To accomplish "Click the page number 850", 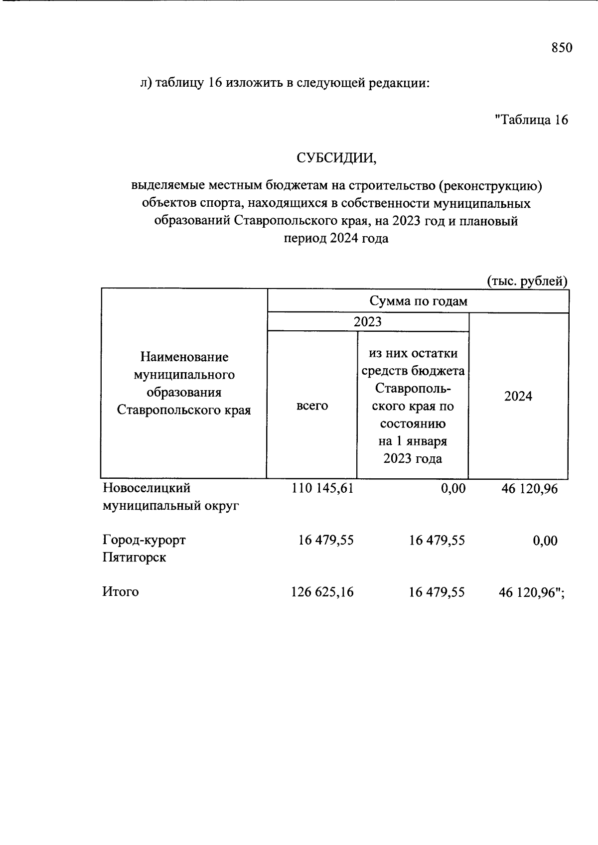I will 562,48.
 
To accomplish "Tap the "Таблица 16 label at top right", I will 531,120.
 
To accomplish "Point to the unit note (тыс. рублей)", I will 527,282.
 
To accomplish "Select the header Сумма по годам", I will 418,301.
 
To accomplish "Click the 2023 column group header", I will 368,321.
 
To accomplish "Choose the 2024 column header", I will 518,396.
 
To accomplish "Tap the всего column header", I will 312,406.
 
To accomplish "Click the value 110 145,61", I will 322,488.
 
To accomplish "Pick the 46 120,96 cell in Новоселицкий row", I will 529,489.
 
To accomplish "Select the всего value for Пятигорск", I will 326,540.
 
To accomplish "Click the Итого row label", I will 121,592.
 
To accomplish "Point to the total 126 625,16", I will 322,592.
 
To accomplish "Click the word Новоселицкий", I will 147,488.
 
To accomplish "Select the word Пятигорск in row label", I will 135,558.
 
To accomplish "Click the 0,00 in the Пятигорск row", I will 545,541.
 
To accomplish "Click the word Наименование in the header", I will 184,357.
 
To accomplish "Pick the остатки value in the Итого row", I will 437,592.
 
